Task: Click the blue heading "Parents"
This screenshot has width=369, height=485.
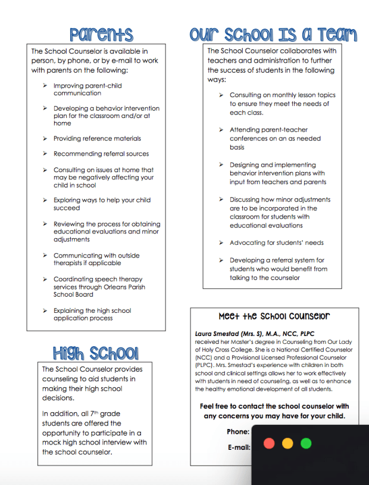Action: click(x=101, y=34)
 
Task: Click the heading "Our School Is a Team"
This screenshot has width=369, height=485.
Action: click(x=273, y=34)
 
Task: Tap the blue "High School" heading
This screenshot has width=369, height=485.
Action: click(x=95, y=353)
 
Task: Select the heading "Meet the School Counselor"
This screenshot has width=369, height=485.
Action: click(x=274, y=316)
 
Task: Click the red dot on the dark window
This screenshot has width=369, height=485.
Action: click(x=269, y=443)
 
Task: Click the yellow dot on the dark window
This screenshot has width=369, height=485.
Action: click(x=287, y=443)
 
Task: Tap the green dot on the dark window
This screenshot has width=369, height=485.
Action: click(x=306, y=443)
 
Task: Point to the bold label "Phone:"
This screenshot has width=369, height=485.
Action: click(x=238, y=431)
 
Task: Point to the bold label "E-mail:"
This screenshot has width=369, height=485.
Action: click(x=238, y=447)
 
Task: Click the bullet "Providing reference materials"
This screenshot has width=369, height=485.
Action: click(x=97, y=138)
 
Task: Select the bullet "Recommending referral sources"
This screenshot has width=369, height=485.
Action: click(x=101, y=154)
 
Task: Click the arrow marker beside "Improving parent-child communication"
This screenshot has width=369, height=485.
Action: click(x=45, y=86)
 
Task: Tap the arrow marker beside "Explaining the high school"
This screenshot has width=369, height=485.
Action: click(x=45, y=310)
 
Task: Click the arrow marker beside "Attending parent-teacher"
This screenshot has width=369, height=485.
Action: click(x=221, y=129)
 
